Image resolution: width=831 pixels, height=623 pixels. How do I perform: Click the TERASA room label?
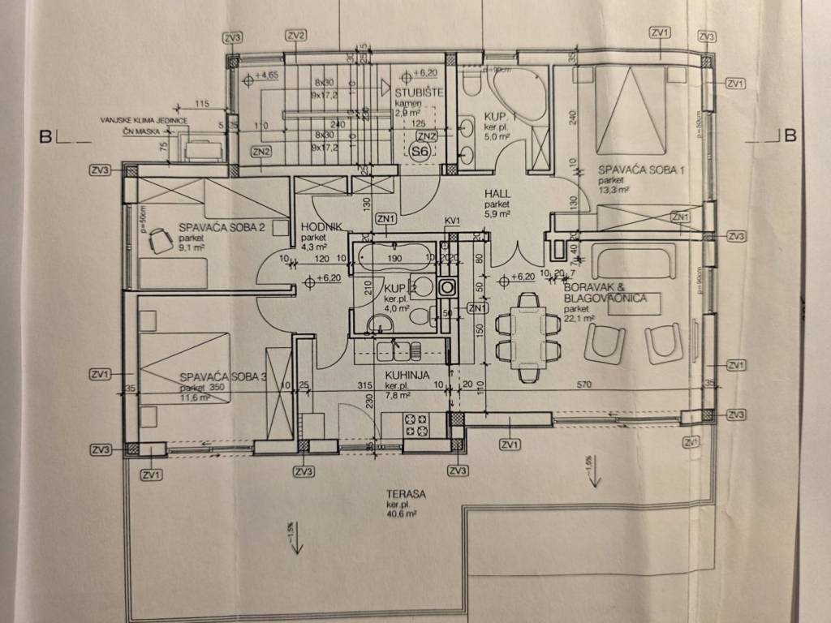tap(407, 494)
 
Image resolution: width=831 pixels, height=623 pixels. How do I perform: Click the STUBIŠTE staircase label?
tap(420, 92)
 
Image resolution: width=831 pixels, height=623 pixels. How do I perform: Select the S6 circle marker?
tap(420, 152)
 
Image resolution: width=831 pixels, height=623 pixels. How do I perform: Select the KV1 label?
tap(453, 221)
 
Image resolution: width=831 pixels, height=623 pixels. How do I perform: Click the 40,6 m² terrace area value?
tap(401, 513)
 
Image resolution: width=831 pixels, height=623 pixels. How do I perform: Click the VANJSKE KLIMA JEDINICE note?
tap(144, 120)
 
